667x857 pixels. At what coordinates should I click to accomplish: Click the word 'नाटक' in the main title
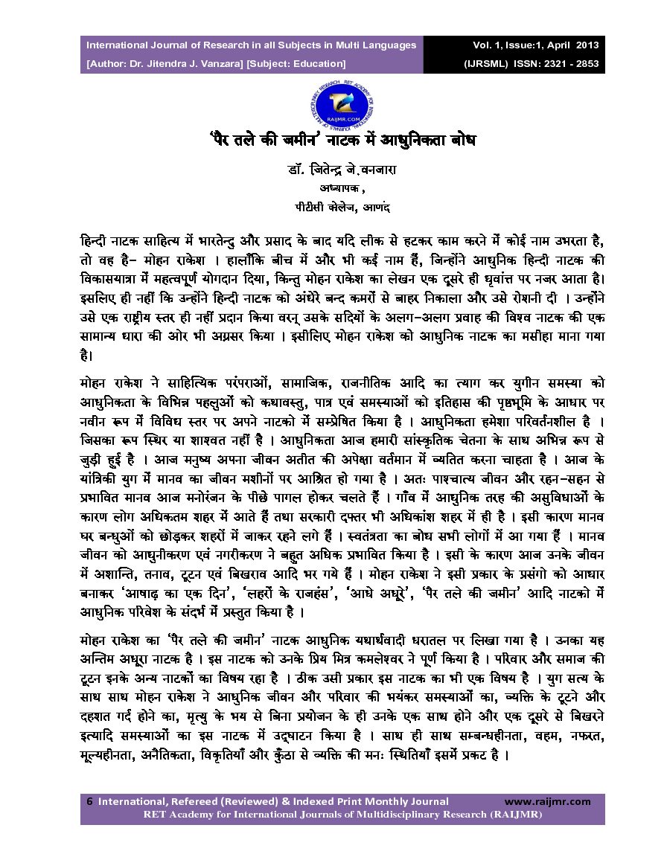point(348,140)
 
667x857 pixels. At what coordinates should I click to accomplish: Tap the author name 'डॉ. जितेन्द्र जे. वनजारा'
point(332,170)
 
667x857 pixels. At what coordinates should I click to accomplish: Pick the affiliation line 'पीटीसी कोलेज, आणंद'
point(332,203)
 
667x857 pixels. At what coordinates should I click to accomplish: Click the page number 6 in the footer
point(90,801)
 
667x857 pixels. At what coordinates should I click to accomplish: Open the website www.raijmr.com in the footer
point(547,801)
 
